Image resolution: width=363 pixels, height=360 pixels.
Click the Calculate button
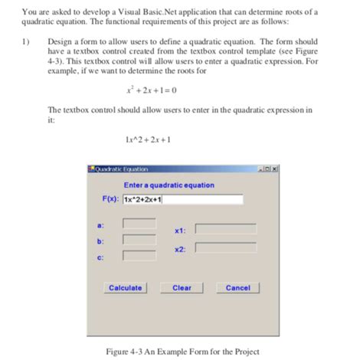pos(126,288)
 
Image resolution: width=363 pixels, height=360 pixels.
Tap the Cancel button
pos(237,288)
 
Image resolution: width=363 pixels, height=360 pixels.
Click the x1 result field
pos(224,228)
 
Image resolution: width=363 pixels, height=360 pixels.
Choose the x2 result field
pos(224,247)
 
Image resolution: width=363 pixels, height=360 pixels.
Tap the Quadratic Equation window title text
pos(122,169)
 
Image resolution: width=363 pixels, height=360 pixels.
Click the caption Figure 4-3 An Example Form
pos(181,352)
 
